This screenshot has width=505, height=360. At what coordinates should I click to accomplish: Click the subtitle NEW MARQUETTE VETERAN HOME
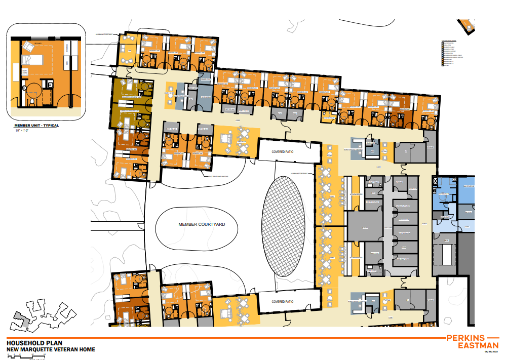[51, 349]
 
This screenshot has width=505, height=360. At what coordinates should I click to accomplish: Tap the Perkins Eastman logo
[472, 341]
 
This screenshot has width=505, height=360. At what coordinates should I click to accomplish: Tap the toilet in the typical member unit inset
[32, 101]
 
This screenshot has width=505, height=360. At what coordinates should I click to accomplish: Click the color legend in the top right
[452, 53]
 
